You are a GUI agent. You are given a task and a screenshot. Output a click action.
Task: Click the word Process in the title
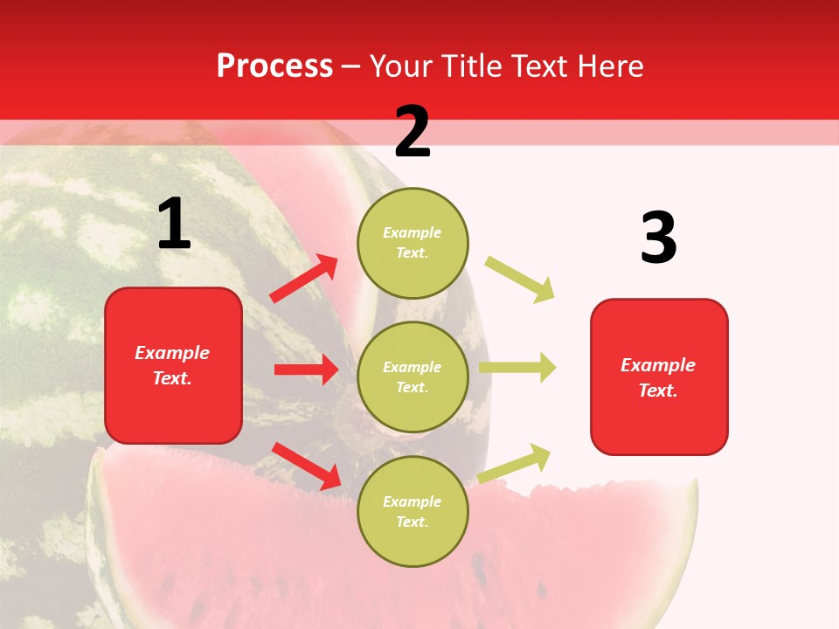tap(274, 66)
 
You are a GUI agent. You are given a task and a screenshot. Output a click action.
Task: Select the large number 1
tap(174, 225)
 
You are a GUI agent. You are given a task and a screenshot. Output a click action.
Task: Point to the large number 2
tap(413, 132)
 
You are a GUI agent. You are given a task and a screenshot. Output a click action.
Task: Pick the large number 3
tap(658, 238)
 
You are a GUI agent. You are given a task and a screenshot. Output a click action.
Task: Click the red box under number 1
tap(173, 365)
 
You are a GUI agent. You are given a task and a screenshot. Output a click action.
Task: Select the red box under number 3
tap(659, 377)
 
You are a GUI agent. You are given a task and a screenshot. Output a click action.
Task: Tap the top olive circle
tap(413, 243)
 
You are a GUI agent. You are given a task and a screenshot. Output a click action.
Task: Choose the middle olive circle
tap(413, 377)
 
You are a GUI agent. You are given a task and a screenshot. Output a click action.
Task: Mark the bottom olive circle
tap(413, 511)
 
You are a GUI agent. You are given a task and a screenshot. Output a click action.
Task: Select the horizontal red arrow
tap(306, 370)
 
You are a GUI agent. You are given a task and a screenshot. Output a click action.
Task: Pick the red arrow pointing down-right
tap(307, 465)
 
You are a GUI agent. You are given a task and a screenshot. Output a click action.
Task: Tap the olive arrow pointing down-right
tap(520, 280)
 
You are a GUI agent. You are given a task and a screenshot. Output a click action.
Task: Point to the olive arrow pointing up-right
tap(515, 463)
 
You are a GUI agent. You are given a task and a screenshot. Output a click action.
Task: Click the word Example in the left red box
tap(172, 353)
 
